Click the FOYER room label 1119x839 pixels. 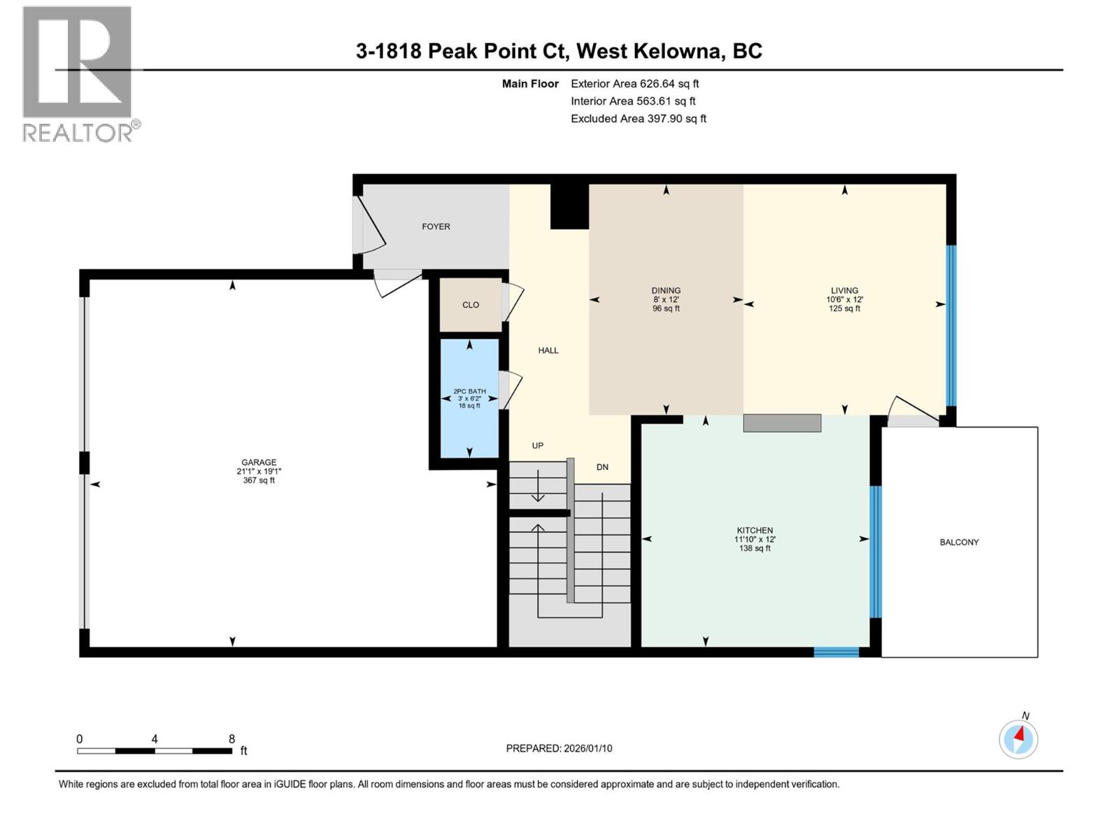pos(436,227)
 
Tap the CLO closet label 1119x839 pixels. pos(471,305)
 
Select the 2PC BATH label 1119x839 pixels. pos(469,392)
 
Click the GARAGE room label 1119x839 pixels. pos(259,462)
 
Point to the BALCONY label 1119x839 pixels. pos(959,542)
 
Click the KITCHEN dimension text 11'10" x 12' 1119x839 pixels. pos(755,539)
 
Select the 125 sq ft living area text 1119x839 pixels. pos(844,308)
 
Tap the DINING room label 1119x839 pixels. pos(666,290)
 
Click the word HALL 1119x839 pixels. pos(548,350)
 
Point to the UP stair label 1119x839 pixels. pos(537,445)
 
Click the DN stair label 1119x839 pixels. pos(602,466)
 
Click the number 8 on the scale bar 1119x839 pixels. pos(231,739)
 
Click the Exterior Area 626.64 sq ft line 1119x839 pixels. pos(634,83)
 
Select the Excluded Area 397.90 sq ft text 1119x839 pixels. pos(638,118)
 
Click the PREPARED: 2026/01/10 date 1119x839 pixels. pos(559,748)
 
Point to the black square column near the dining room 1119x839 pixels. pos(569,207)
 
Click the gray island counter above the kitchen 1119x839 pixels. pos(781,423)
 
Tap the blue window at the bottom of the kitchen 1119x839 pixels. pos(836,652)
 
